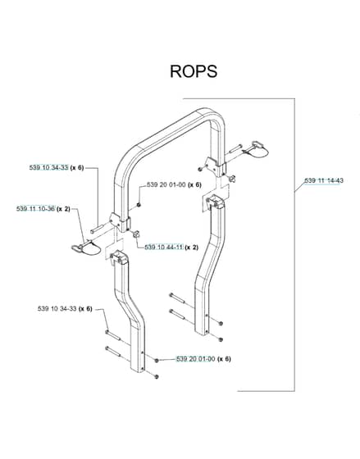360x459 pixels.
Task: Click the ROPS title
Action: [x=194, y=71]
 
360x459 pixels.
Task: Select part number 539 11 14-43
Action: [x=324, y=180]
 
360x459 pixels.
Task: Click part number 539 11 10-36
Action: [x=35, y=209]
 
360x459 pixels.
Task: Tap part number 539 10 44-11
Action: [x=164, y=248]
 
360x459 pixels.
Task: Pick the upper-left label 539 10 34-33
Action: [x=48, y=167]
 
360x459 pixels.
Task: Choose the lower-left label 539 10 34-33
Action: [x=57, y=308]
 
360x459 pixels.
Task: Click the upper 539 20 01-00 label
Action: [x=166, y=184]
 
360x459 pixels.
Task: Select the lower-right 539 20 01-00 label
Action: [x=195, y=359]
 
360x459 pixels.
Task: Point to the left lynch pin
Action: [x=86, y=248]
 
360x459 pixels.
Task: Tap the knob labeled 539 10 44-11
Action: [x=136, y=234]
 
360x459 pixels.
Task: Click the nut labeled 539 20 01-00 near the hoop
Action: [x=139, y=205]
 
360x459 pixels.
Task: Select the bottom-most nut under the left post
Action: [x=156, y=377]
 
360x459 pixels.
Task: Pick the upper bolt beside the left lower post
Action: [x=113, y=335]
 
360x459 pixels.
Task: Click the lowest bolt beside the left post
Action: [x=113, y=352]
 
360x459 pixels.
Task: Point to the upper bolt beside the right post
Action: [x=177, y=298]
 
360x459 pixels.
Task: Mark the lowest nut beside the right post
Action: [x=221, y=339]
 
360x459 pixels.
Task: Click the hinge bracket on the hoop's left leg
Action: [x=120, y=222]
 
